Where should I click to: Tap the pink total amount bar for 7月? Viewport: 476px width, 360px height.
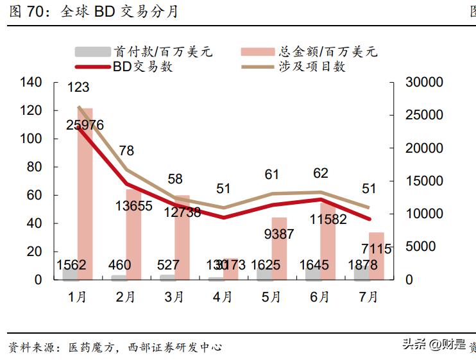point(377,256)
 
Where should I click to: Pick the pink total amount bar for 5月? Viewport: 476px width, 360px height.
point(279,249)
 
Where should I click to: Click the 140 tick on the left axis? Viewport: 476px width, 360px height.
point(31,82)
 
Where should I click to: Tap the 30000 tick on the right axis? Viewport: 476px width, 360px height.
point(425,82)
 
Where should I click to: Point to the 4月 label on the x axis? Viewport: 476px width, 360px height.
point(222,297)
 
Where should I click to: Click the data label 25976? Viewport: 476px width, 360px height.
point(85,126)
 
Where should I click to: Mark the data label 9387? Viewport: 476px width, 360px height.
point(278,234)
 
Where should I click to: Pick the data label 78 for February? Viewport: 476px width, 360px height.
point(126,151)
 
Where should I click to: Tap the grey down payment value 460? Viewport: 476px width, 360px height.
point(120,264)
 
